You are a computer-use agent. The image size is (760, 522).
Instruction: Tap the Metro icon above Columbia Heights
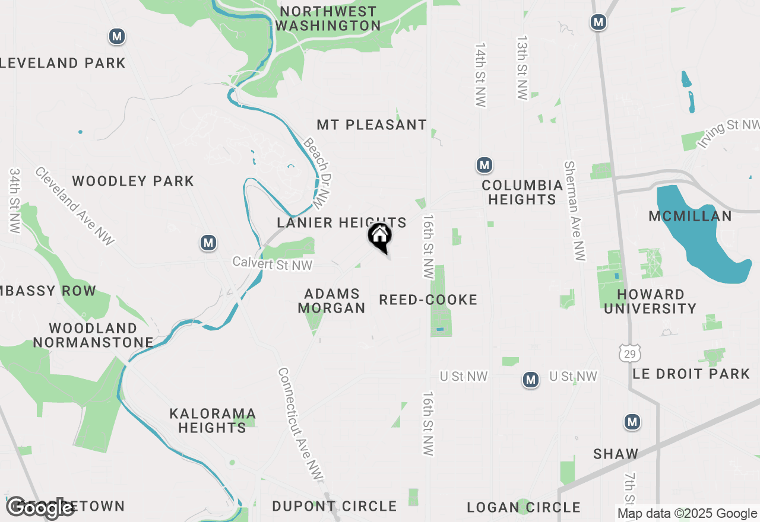click(485, 165)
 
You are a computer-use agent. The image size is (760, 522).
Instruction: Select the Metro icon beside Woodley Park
click(208, 243)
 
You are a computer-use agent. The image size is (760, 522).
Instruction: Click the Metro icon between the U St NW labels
click(531, 380)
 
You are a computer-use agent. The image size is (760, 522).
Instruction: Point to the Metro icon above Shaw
click(632, 422)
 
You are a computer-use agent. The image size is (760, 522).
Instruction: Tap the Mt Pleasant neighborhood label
click(372, 125)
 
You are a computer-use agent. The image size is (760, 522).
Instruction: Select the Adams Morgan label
click(331, 301)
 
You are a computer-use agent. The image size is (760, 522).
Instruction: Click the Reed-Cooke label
click(428, 300)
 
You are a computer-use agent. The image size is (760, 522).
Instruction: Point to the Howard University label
click(657, 301)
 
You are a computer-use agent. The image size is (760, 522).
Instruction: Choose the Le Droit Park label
click(692, 374)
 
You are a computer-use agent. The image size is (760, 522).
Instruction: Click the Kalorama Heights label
click(212, 420)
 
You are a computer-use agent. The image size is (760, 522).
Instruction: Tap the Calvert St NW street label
click(273, 263)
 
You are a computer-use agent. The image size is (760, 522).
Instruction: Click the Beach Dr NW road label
click(316, 173)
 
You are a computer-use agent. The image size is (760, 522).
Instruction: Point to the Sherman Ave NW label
click(575, 211)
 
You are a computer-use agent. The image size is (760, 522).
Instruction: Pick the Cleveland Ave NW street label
click(74, 205)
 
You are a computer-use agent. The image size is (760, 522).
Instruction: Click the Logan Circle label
click(523, 507)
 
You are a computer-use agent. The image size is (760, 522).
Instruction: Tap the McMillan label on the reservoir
click(690, 216)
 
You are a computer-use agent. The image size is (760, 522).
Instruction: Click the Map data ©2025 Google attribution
click(687, 514)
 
